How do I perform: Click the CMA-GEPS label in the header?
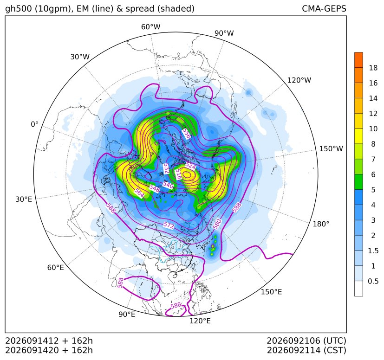[x=324, y=8]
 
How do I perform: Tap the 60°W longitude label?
[x=150, y=27]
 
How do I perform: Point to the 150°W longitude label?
[x=331, y=148]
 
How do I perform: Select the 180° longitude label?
[x=321, y=224]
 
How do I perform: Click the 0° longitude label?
[x=34, y=124]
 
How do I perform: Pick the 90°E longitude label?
[x=127, y=314]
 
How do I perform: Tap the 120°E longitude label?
[x=200, y=321]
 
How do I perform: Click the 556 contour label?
[x=186, y=134]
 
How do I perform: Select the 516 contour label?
[x=178, y=174]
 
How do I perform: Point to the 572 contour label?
[x=169, y=225]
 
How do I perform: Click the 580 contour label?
[x=217, y=224]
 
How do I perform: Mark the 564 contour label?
[x=139, y=193]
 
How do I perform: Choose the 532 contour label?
[x=166, y=168]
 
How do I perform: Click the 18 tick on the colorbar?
[x=373, y=68]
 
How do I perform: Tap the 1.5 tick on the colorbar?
[x=373, y=251]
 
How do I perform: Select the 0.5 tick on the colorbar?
[x=373, y=281]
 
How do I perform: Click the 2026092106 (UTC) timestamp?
[x=306, y=341]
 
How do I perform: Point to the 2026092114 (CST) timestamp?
[x=306, y=350]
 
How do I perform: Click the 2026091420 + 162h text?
[x=49, y=350]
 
